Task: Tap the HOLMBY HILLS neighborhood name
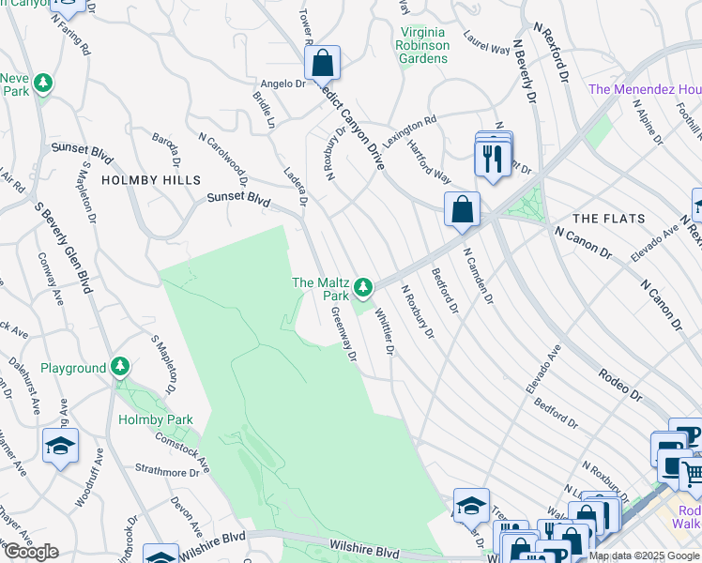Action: (151, 179)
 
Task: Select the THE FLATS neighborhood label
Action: (609, 219)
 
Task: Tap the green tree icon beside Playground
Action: (119, 366)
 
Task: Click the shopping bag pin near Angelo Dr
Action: (322, 64)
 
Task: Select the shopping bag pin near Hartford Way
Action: (463, 210)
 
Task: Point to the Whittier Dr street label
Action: (384, 331)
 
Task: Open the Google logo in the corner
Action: (31, 552)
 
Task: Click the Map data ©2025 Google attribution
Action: (644, 555)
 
